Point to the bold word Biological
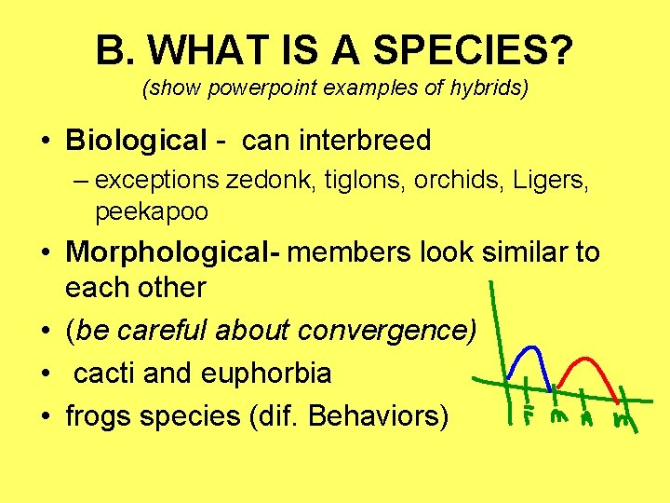[x=136, y=141]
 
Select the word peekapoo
[x=152, y=211]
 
